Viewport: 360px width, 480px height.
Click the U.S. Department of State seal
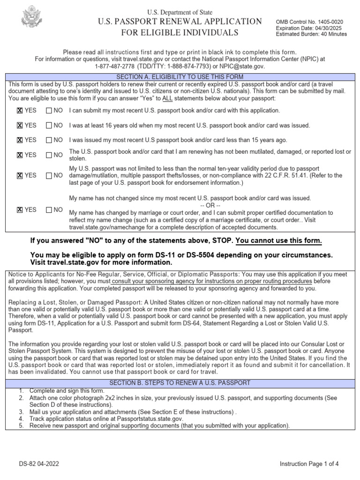pos(32,17)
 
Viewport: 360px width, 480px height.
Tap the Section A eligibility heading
pos(180,77)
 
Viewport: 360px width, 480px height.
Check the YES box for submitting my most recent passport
pos(20,111)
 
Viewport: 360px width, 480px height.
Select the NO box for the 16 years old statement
pos(49,126)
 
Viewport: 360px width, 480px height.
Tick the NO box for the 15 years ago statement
pos(49,140)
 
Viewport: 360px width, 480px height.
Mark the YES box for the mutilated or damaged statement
pos(20,155)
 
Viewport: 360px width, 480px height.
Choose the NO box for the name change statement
pos(49,210)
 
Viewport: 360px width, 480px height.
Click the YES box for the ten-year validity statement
pos(20,176)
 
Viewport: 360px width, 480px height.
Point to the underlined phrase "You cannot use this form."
pos(279,241)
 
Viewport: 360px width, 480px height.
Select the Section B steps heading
pos(180,383)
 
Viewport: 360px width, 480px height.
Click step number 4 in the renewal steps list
pos(21,419)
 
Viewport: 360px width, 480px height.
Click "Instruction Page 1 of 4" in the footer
pos(309,464)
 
